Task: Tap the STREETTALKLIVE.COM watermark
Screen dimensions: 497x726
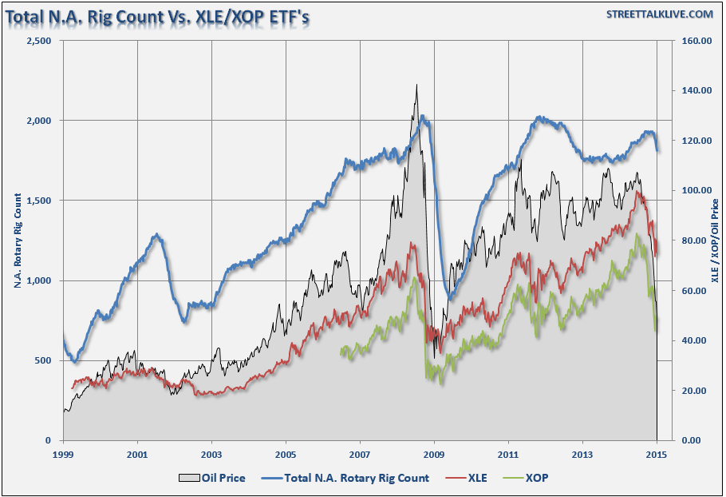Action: (x=660, y=14)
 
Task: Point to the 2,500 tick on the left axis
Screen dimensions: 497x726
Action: (x=37, y=40)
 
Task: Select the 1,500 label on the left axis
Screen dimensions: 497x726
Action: (x=37, y=201)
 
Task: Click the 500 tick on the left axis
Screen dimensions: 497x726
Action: (x=43, y=360)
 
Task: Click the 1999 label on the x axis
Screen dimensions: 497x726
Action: (x=64, y=454)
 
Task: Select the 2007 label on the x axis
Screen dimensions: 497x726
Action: (x=360, y=454)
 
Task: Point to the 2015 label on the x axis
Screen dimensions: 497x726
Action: (x=657, y=454)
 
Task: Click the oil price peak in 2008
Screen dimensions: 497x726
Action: (x=416, y=85)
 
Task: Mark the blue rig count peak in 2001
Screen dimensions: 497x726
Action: (x=157, y=234)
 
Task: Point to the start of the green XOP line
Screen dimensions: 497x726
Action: (x=341, y=351)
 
